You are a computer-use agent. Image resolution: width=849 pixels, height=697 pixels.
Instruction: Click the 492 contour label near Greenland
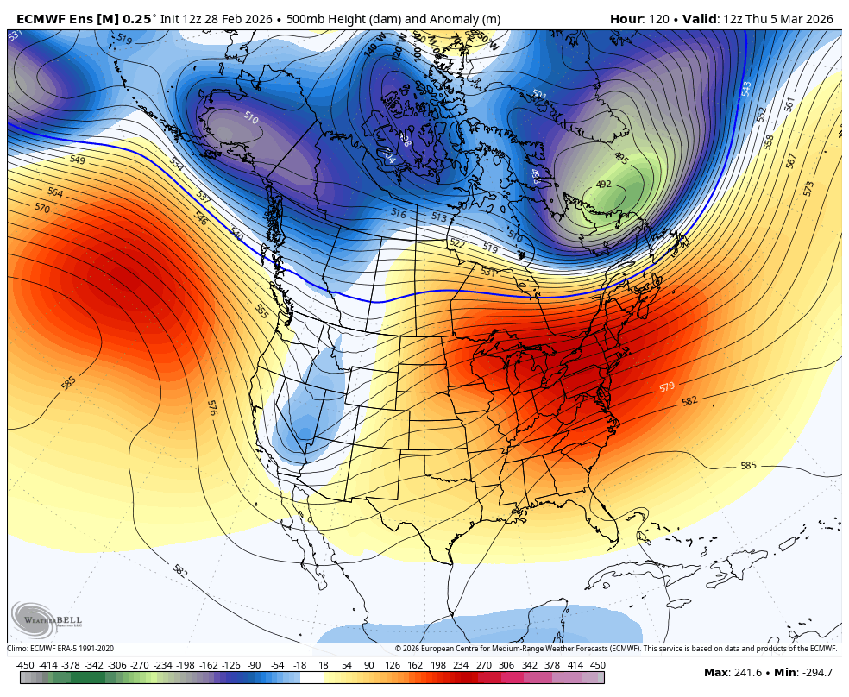[604, 185]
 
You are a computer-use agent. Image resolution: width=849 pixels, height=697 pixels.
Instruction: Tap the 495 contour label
[620, 158]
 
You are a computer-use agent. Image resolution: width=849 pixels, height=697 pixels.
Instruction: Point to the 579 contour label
[667, 387]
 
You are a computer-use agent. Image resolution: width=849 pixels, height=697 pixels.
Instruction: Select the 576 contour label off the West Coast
[211, 407]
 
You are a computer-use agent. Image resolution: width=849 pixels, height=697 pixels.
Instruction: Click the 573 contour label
[808, 188]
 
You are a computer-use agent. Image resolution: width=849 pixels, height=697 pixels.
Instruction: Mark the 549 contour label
[78, 160]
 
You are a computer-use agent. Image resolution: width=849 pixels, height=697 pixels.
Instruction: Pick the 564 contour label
[55, 192]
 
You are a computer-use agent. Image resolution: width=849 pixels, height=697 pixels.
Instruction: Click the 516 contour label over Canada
[398, 213]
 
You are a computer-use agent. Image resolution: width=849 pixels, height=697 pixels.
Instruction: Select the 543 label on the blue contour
[746, 89]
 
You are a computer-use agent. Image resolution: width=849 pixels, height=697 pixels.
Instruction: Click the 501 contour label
[539, 95]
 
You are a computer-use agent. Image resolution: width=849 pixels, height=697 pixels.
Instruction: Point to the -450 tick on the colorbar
[25, 665]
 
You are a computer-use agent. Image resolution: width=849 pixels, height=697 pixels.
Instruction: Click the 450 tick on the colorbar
[598, 665]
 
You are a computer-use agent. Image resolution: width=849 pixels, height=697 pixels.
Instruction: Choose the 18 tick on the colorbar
[324, 665]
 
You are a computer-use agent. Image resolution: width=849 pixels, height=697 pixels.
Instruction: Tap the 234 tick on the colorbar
[461, 665]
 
